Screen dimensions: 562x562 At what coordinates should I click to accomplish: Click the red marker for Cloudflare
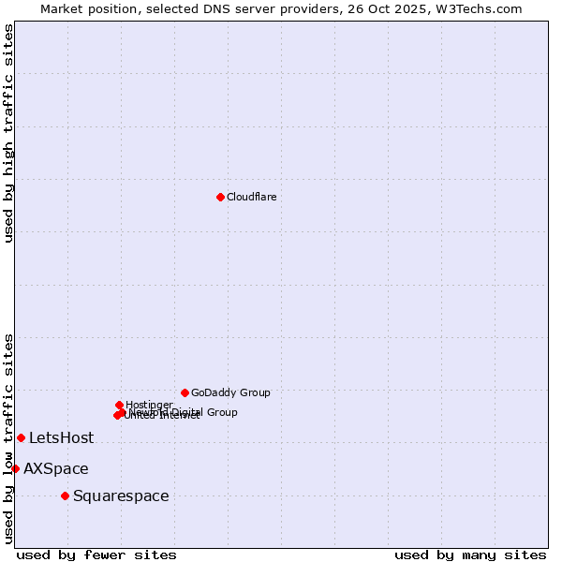[x=220, y=197]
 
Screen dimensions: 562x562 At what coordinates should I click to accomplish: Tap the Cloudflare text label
[x=251, y=197]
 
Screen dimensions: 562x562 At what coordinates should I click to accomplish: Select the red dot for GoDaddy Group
[x=185, y=392]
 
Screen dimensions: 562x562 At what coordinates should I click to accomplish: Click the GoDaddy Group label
[x=230, y=392]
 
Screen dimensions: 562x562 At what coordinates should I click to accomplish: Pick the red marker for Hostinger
[x=119, y=405]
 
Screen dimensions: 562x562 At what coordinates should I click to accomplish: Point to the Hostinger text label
[x=149, y=405]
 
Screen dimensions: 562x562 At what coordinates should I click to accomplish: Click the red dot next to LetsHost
[x=21, y=437]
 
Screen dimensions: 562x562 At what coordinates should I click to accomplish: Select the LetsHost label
[x=61, y=437]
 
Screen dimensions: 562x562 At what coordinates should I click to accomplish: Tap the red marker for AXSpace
[x=15, y=468]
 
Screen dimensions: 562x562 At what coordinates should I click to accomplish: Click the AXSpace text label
[x=56, y=468]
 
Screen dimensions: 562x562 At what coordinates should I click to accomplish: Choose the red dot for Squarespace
[x=65, y=495]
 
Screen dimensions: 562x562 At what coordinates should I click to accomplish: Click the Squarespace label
[x=121, y=495]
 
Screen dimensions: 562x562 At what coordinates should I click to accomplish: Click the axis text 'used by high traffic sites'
[x=8, y=133]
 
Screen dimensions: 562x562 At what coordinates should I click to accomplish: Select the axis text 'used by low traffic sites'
[x=8, y=437]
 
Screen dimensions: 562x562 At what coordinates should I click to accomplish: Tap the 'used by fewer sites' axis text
[x=96, y=555]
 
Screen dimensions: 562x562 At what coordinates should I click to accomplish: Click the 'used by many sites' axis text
[x=470, y=555]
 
